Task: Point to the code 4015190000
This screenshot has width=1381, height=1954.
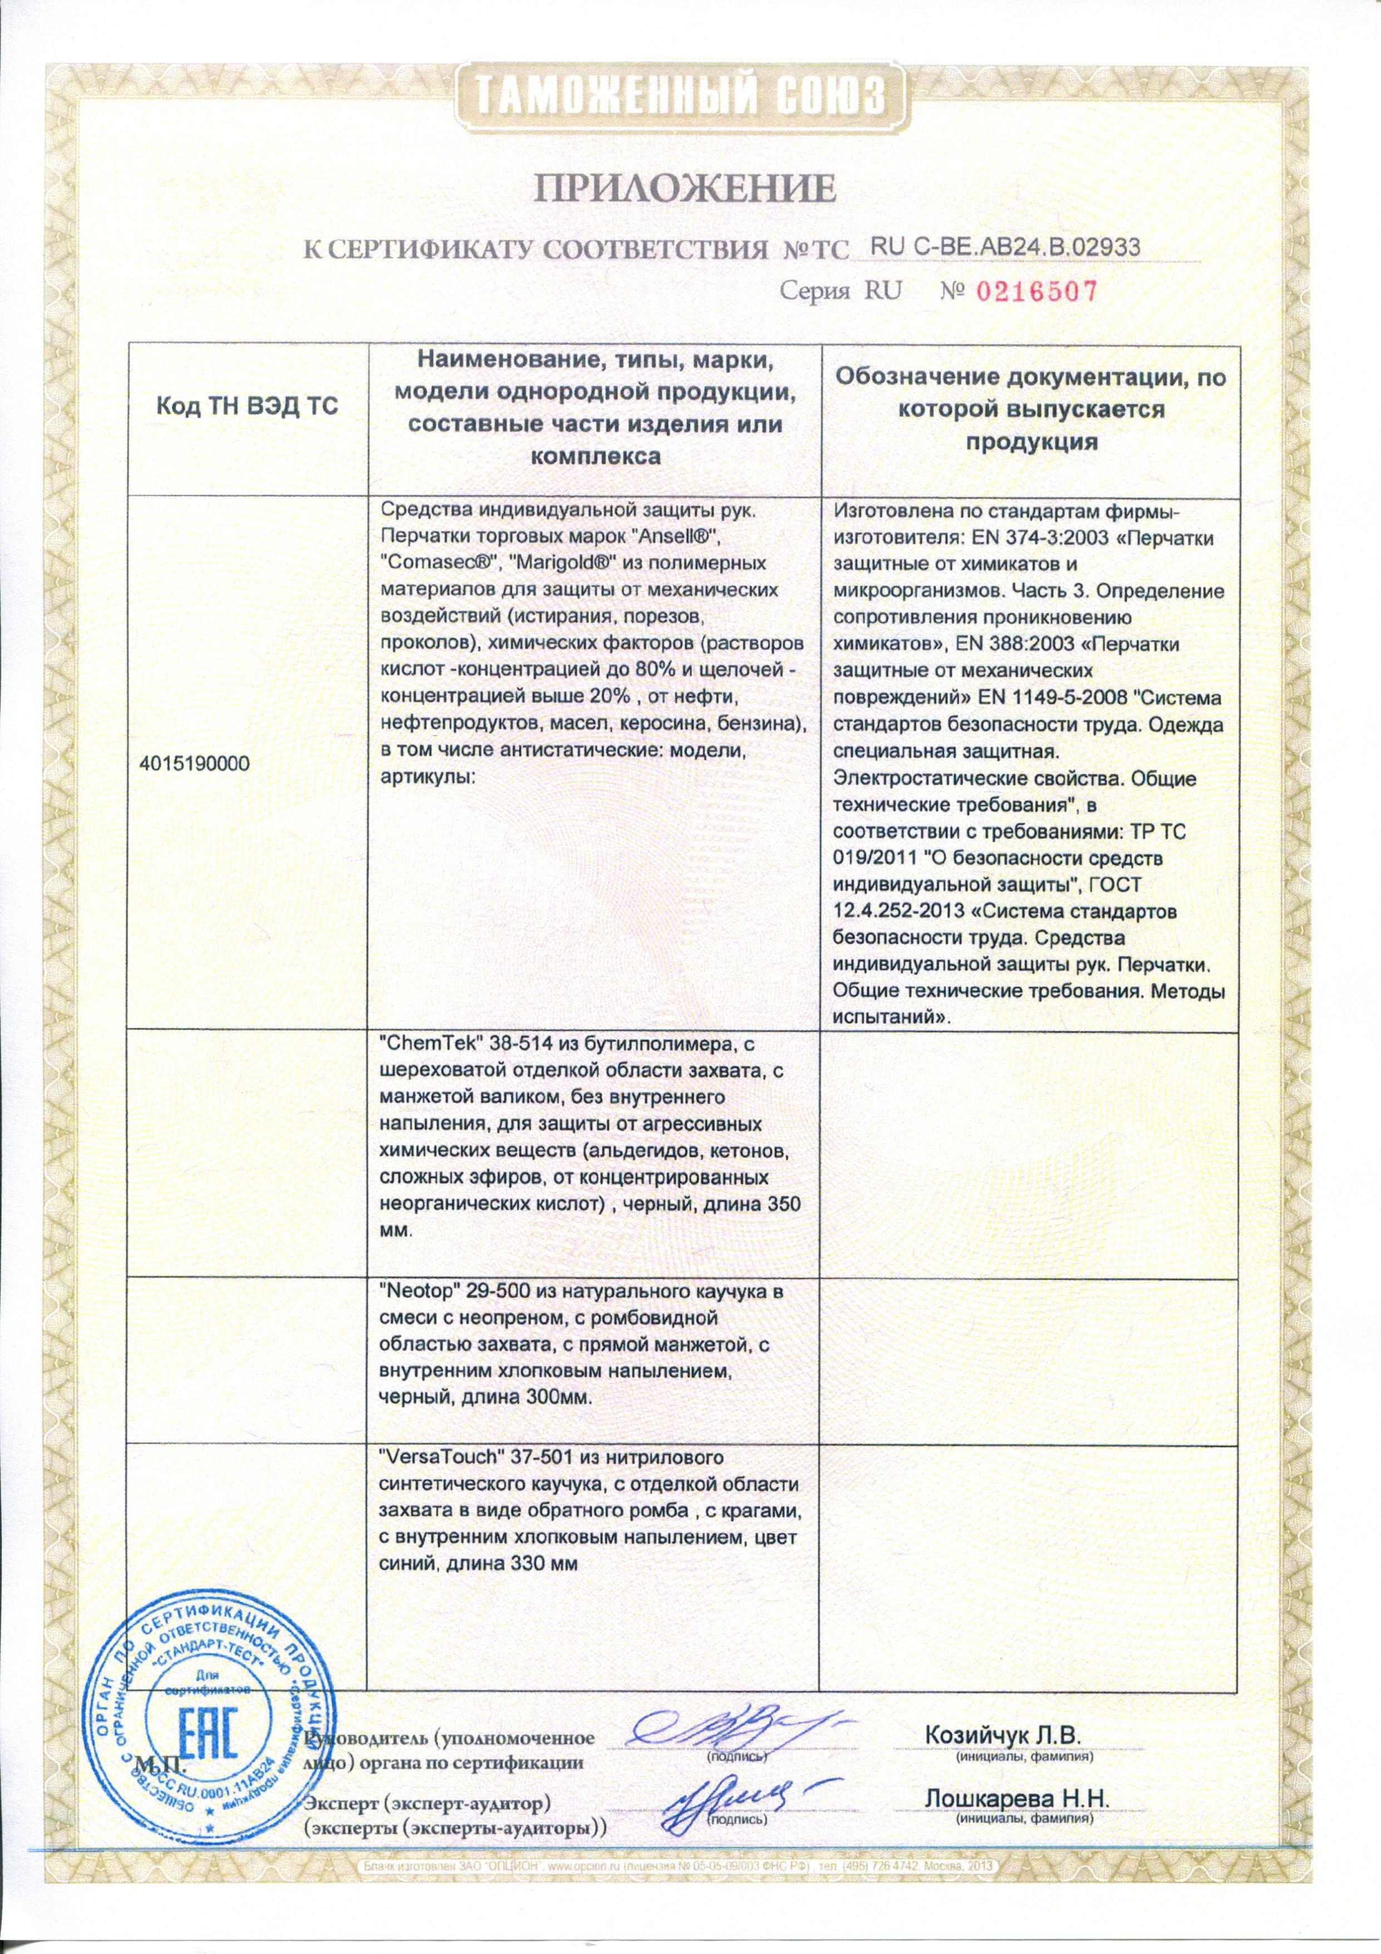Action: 195,763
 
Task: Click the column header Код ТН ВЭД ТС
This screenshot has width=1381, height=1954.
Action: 247,408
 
